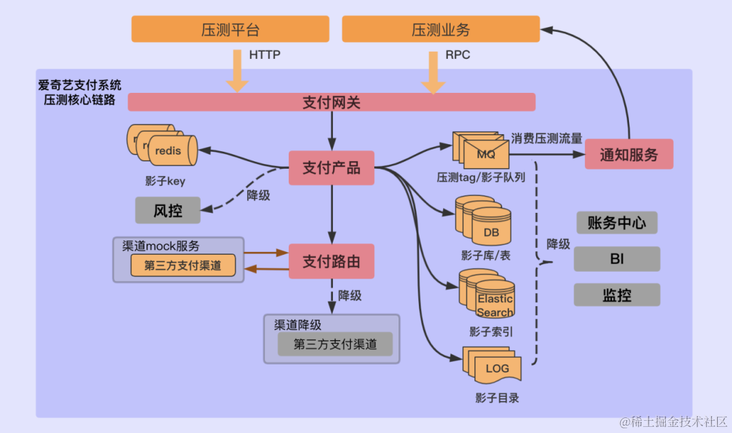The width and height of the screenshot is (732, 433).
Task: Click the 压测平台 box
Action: coord(230,30)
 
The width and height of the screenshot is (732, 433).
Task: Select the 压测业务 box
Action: coord(441,30)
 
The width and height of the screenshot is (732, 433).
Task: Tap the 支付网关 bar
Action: coord(331,102)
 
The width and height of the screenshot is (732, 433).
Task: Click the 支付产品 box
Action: coord(331,168)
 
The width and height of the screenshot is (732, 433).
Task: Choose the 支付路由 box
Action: coord(331,261)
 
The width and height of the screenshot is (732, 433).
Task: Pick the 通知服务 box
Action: coord(628,154)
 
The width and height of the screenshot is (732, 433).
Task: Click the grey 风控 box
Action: coord(168,210)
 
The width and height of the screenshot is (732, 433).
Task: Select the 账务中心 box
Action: coord(617,223)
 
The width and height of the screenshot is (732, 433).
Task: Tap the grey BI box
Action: coord(617,258)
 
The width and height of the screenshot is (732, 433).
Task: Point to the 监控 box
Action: coord(617,295)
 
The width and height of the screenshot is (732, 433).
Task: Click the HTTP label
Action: coord(264,55)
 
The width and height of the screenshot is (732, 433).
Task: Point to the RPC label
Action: coord(457,55)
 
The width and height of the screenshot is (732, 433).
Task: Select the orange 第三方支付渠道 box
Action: coord(182,266)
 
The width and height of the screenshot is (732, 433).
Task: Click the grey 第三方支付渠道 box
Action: coord(335,344)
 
